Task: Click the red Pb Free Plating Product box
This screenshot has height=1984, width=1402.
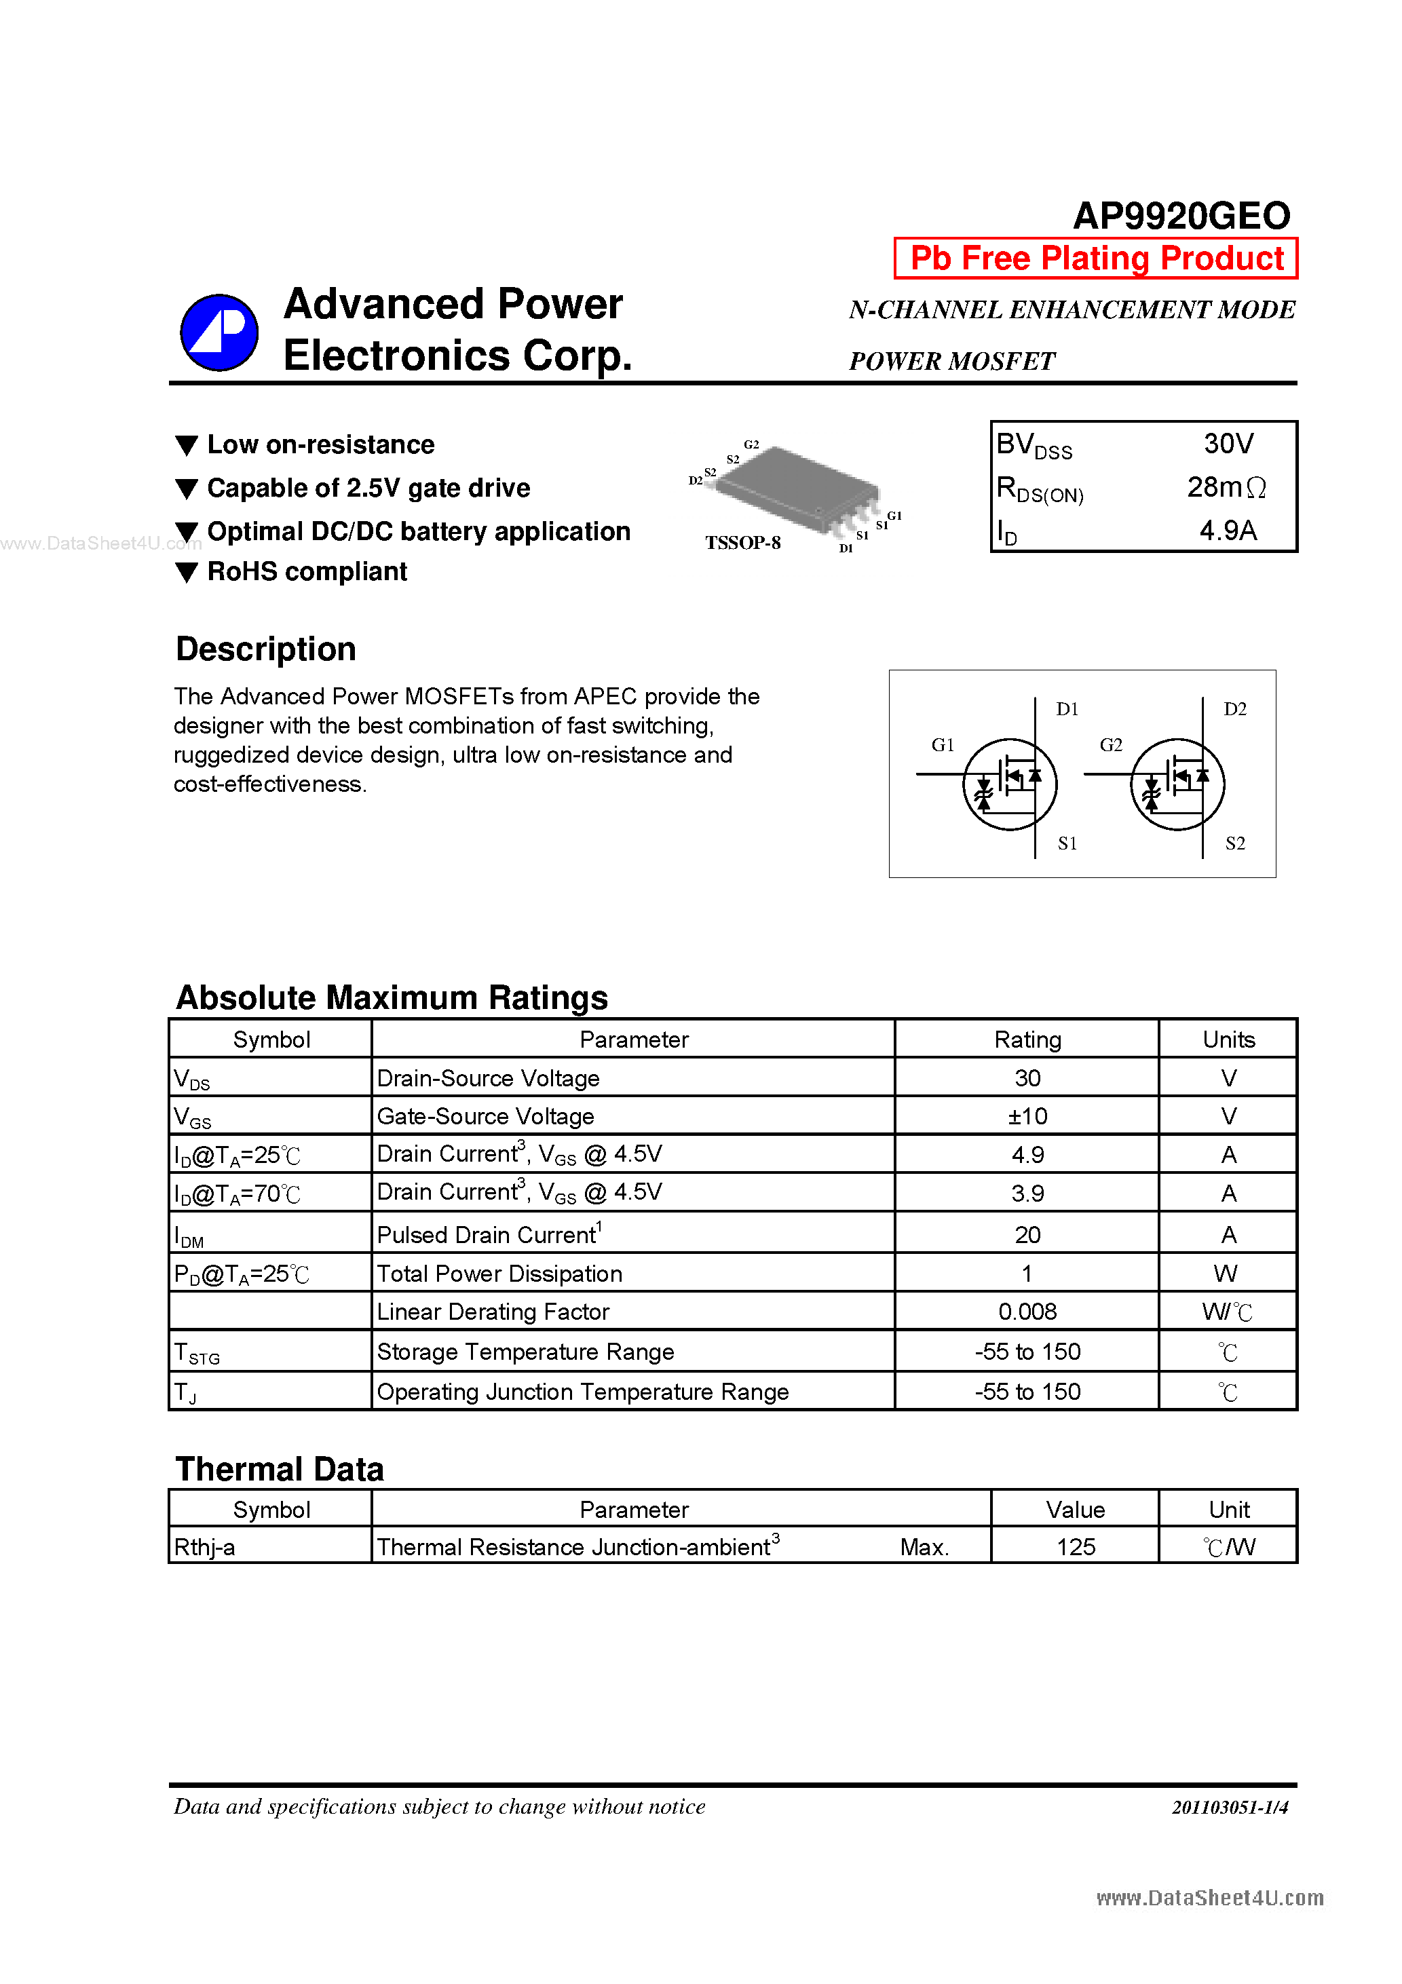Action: [1095, 259]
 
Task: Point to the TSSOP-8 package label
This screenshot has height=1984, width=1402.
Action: [742, 543]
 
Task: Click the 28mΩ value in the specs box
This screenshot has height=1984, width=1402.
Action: [1226, 487]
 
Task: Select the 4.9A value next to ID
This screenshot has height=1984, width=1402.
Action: [1228, 530]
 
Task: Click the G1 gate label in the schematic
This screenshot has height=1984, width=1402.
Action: [942, 745]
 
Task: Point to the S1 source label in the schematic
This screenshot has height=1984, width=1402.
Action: [1067, 843]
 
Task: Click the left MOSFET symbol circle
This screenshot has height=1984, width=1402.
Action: [1010, 784]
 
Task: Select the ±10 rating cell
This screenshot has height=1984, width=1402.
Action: [1027, 1116]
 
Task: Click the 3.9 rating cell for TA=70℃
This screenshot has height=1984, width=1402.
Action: [1027, 1194]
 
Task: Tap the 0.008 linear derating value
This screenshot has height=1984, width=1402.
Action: [1027, 1312]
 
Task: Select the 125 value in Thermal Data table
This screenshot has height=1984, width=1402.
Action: [1076, 1547]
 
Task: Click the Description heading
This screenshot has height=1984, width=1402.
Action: [265, 649]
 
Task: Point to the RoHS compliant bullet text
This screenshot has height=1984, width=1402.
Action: [307, 572]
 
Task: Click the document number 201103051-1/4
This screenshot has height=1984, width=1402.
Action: [1229, 1807]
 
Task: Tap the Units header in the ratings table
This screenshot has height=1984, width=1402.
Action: [1228, 1039]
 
